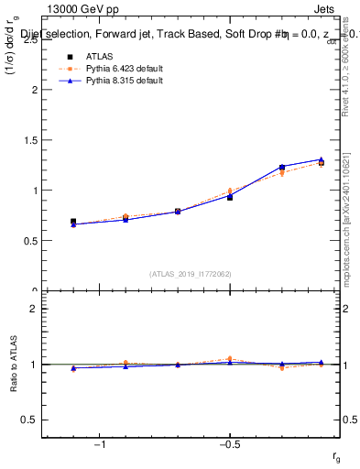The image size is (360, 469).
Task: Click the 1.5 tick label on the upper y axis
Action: pyautogui.click(x=30, y=140)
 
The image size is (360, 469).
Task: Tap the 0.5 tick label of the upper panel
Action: pyautogui.click(x=30, y=241)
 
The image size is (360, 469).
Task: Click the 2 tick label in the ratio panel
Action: pyautogui.click(x=34, y=309)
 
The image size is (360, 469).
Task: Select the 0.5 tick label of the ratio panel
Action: pyautogui.click(x=30, y=420)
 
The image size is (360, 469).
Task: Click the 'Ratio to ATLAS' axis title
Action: pyautogui.click(x=13, y=365)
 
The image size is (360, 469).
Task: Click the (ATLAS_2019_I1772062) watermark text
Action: pyautogui.click(x=191, y=274)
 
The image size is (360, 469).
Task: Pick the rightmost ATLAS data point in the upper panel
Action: pyautogui.click(x=321, y=162)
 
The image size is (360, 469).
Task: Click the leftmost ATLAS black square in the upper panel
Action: pyautogui.click(x=73, y=222)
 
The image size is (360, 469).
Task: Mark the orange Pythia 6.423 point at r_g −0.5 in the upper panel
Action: pyautogui.click(x=230, y=191)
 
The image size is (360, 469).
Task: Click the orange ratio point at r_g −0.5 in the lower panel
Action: pyautogui.click(x=230, y=358)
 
